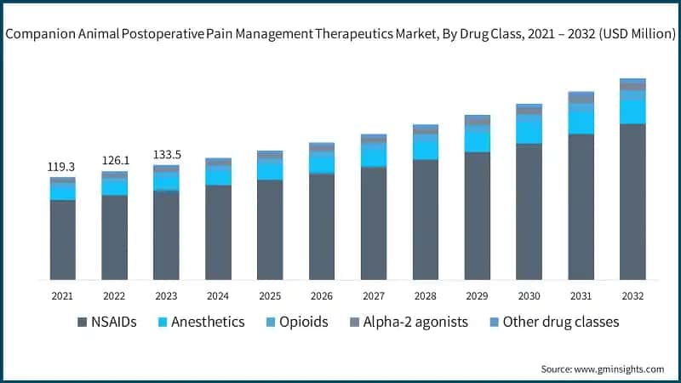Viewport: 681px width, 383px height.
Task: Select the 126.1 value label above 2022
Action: click(114, 160)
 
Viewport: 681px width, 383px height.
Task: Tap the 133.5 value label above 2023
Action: click(166, 155)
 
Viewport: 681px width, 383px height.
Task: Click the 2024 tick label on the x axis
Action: click(218, 296)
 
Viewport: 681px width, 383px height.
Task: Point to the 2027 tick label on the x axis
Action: click(373, 296)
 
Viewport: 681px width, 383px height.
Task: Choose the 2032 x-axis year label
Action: click(632, 296)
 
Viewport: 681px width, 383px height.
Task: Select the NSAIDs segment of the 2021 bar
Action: click(62, 240)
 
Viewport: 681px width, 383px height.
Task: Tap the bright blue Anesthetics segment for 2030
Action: click(529, 129)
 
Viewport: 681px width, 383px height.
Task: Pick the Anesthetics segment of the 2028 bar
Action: click(425, 147)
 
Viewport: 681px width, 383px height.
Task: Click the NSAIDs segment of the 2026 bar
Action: click(322, 226)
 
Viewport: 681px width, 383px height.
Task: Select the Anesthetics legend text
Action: click(207, 323)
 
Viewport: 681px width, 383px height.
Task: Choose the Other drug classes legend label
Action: click(560, 323)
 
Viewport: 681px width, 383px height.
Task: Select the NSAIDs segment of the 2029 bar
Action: click(477, 216)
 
